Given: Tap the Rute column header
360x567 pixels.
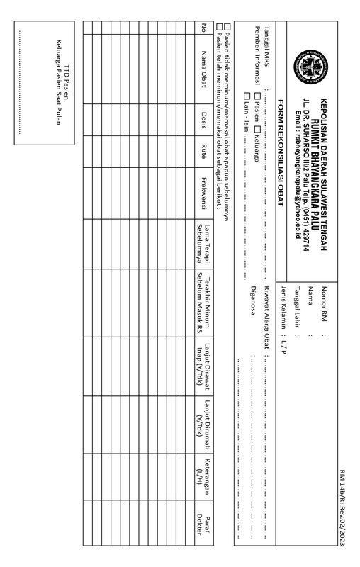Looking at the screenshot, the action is point(203,151).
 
